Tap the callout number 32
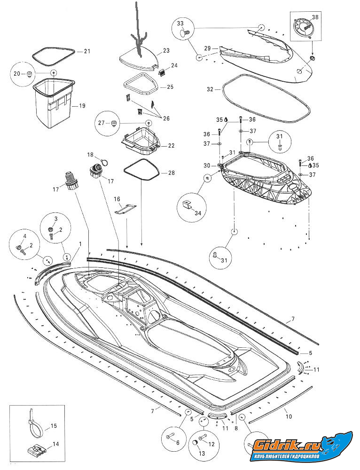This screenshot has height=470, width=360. pyautogui.click(x=210, y=89)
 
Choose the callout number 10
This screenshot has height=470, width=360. pyautogui.click(x=289, y=416)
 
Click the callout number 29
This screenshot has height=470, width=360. pyautogui.click(x=207, y=48)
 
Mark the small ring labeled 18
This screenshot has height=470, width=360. pyautogui.click(x=104, y=163)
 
